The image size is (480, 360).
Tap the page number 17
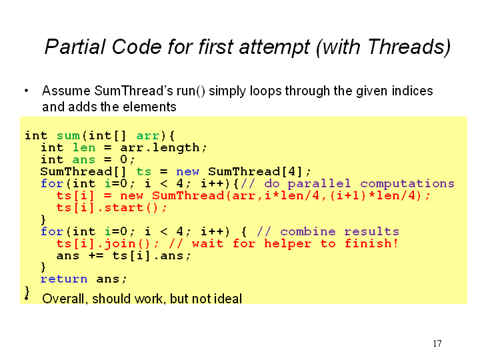(437, 343)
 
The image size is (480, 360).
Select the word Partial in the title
(75, 47)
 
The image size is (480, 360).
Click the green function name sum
(68, 135)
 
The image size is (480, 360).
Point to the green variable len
(84, 147)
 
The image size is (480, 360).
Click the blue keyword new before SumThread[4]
(187, 171)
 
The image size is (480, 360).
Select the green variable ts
(143, 171)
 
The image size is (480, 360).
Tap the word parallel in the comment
(319, 184)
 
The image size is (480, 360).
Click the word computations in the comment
(407, 184)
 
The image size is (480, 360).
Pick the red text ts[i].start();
(112, 208)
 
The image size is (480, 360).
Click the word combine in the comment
(307, 231)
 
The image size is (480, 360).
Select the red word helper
(288, 244)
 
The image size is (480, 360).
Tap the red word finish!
(371, 243)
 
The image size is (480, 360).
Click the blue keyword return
(64, 279)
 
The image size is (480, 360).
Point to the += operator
(96, 255)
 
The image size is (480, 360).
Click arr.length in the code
(160, 148)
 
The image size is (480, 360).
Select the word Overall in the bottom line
(63, 299)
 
